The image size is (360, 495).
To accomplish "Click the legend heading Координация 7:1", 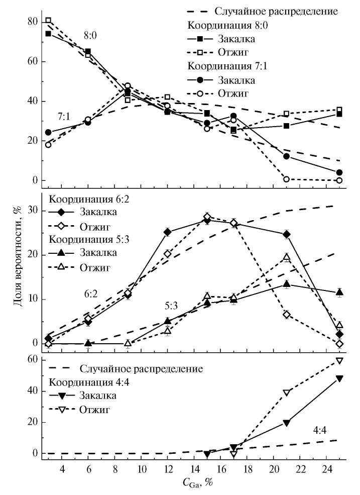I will click(x=227, y=66).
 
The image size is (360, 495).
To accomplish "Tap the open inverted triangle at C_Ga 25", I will click(x=339, y=361).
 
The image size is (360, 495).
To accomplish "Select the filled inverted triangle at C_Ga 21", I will click(x=287, y=423).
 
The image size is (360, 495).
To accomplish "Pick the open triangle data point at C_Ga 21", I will click(x=287, y=257).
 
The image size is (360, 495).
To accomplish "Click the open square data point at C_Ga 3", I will click(x=48, y=21).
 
